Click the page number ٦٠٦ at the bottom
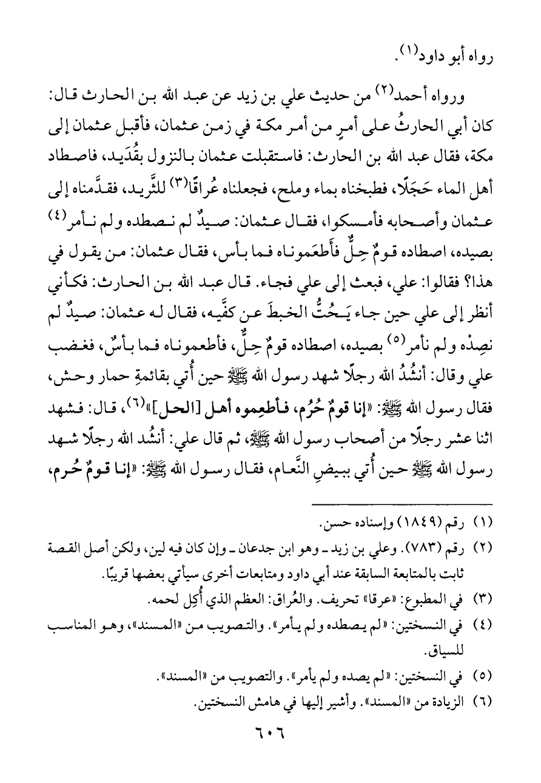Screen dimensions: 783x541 click(x=271, y=740)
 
